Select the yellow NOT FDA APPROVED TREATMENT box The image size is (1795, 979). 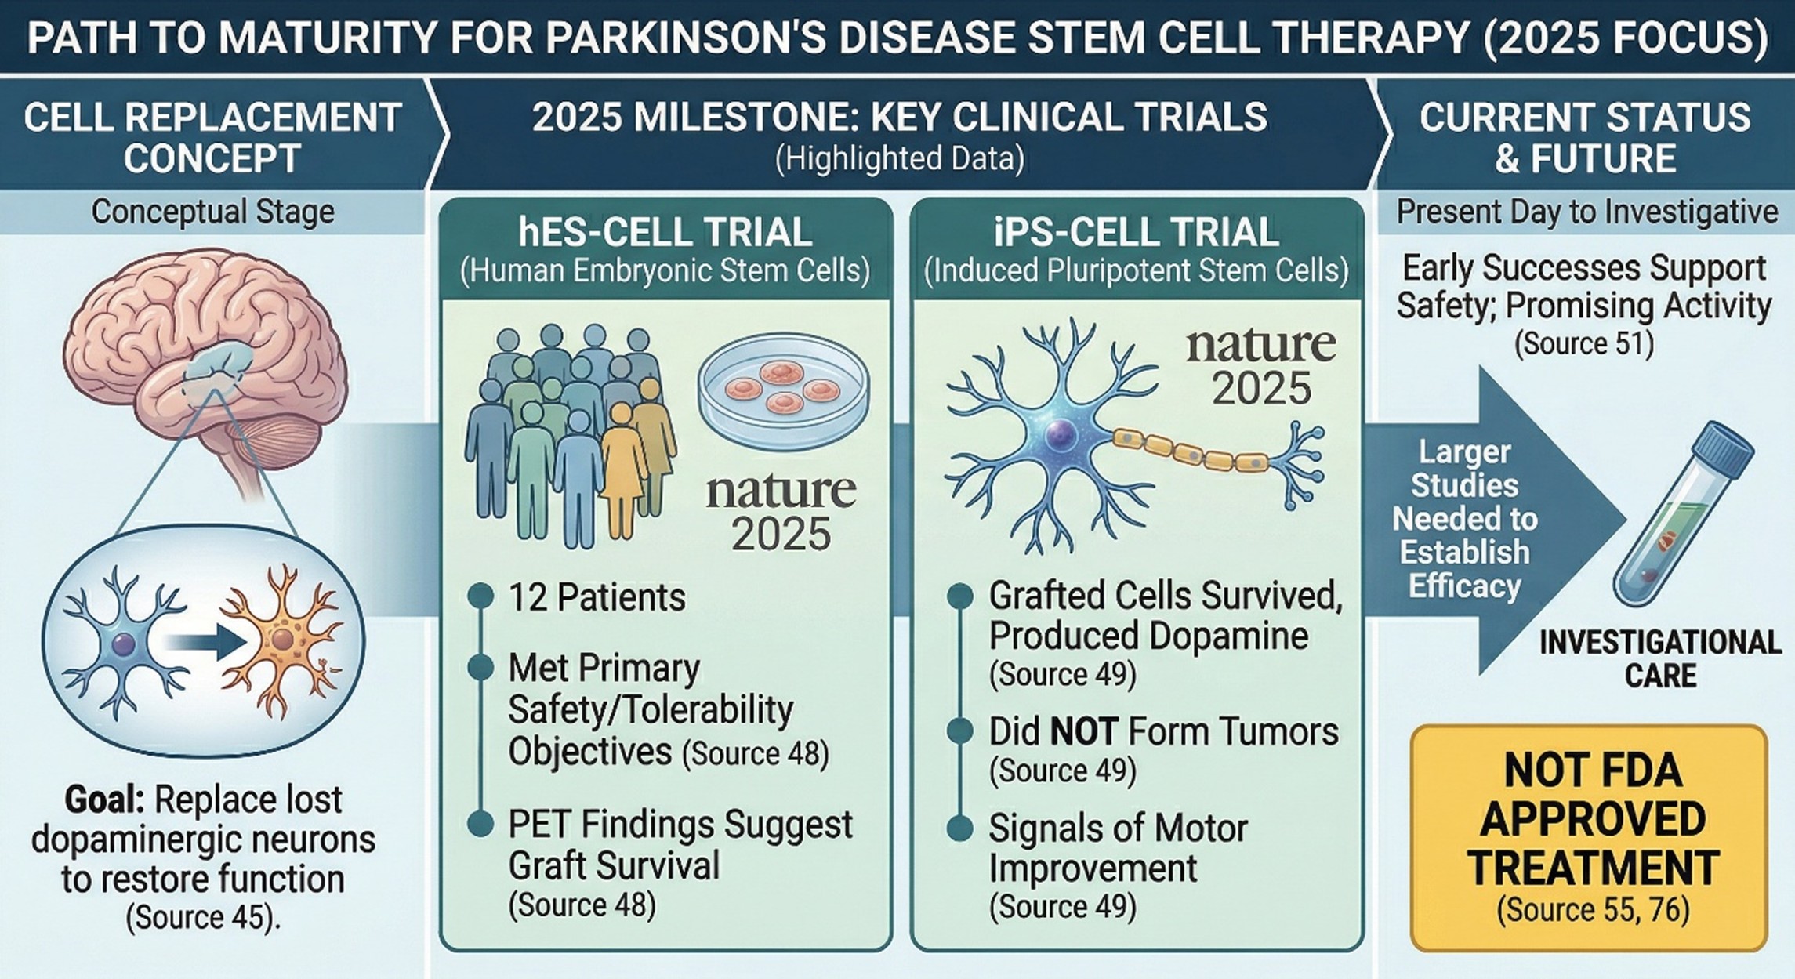tap(1588, 838)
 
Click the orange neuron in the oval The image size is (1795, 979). tap(280, 639)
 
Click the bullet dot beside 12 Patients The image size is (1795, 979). tap(480, 596)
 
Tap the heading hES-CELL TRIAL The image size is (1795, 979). tap(665, 233)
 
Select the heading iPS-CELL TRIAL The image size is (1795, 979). tap(1137, 233)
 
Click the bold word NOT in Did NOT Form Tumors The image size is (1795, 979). tap(1083, 732)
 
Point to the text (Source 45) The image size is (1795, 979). tap(202, 917)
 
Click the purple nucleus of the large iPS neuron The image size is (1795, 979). tap(1059, 431)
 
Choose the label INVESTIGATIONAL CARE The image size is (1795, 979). tap(1660, 659)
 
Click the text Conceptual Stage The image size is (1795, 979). tap(212, 212)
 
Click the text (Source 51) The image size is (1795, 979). tap(1584, 343)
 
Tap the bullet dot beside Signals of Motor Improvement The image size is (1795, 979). tap(959, 828)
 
